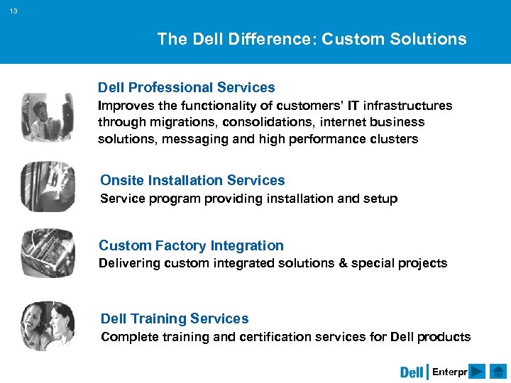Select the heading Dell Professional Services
[x=186, y=88]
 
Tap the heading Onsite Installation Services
[x=192, y=180]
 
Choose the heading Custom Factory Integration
[x=191, y=245]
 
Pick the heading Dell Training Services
[x=175, y=318]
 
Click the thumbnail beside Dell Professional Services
[x=47, y=117]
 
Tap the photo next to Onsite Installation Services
[x=48, y=186]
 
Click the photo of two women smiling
[x=48, y=325]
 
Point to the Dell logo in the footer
[x=412, y=372]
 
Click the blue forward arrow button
[x=477, y=372]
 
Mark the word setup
[x=380, y=199]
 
